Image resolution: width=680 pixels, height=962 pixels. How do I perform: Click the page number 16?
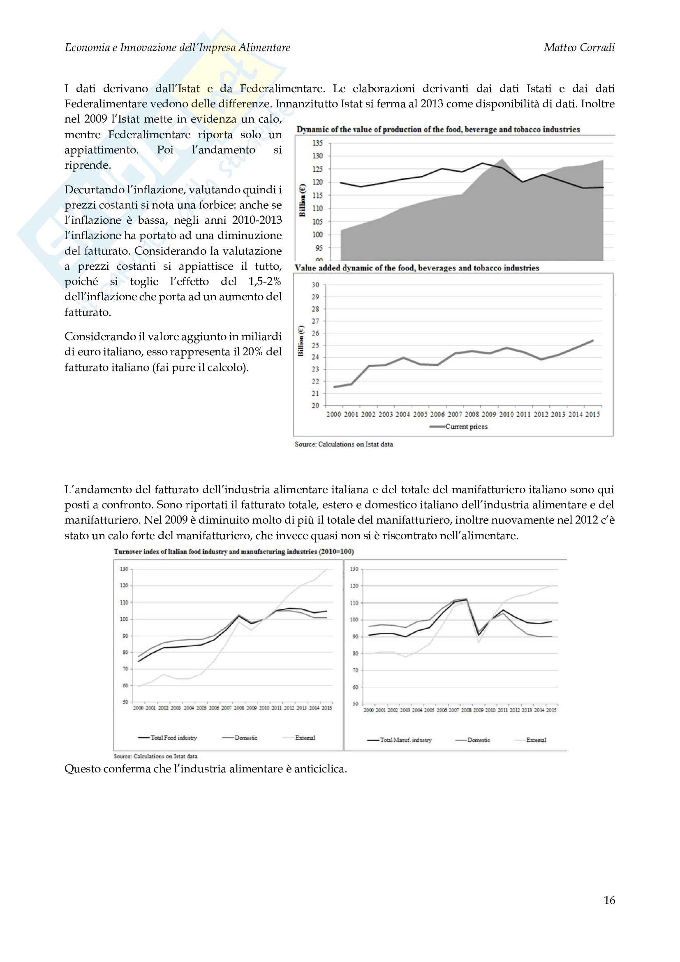(609, 900)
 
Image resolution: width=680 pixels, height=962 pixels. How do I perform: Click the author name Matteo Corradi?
(579, 48)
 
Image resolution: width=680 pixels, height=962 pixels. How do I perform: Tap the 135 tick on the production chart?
(317, 143)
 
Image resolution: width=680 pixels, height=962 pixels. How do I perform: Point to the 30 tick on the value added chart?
(315, 285)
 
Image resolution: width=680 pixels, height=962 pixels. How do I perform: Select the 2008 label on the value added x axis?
(472, 415)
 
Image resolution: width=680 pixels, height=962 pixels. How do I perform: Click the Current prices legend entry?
(466, 427)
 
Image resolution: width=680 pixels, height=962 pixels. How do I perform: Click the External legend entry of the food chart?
(305, 738)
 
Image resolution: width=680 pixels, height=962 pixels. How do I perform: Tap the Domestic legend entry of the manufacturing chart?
(479, 740)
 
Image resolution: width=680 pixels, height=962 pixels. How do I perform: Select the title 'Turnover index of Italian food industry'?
(234, 552)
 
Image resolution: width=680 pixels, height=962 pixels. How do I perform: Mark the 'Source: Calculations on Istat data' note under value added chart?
(344, 444)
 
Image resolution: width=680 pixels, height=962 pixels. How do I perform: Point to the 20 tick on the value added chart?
(315, 406)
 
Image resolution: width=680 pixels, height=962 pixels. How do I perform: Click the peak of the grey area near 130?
(502, 159)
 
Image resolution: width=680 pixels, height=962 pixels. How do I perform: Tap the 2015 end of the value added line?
(592, 341)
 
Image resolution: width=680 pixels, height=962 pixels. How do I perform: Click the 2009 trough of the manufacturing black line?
(479, 635)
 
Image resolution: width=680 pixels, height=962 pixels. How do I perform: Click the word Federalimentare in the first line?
(282, 89)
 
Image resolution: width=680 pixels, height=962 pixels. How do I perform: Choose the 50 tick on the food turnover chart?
(125, 702)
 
